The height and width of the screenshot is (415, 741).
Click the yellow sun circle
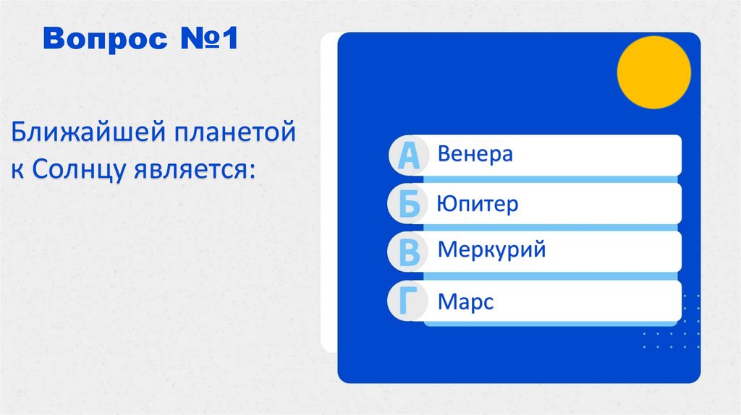(x=653, y=72)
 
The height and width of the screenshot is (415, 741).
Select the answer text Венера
(x=475, y=154)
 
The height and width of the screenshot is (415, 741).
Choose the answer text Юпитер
(x=478, y=204)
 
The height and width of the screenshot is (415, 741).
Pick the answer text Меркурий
(x=491, y=251)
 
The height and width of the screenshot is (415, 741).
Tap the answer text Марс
(x=465, y=301)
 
